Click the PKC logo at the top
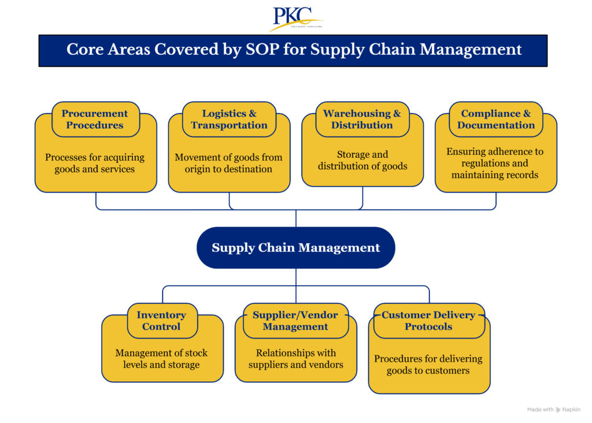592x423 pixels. (295, 18)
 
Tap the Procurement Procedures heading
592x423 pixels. (95, 119)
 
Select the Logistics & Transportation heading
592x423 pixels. (229, 119)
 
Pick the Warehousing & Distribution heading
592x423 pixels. (362, 119)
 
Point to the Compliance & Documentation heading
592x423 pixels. (495, 119)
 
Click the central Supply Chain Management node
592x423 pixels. (295, 248)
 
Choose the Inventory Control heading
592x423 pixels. (161, 321)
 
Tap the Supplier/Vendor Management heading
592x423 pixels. (295, 321)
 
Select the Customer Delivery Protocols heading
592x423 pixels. (428, 321)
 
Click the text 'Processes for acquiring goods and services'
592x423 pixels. (95, 163)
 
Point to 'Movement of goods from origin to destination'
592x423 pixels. (229, 163)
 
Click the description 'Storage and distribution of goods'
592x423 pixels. (362, 161)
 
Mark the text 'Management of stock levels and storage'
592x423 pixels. (161, 359)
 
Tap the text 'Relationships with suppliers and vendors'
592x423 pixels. (295, 359)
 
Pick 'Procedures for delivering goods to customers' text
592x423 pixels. (428, 365)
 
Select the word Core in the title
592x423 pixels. (81, 50)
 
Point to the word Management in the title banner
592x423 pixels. (471, 50)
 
